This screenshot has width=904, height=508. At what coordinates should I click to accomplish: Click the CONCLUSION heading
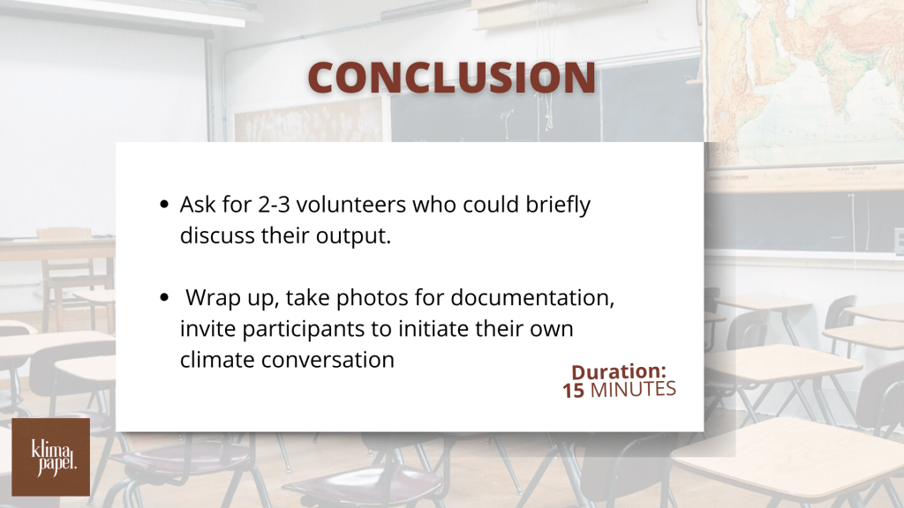tap(451, 78)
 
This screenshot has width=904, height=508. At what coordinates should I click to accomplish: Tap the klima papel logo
tap(50, 457)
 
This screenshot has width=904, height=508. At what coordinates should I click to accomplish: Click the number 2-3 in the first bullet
tap(274, 205)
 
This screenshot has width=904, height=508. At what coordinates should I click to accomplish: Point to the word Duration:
tap(619, 371)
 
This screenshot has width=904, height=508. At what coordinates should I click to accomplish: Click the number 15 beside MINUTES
tap(573, 391)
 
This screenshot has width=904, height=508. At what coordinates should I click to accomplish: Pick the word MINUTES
tap(633, 389)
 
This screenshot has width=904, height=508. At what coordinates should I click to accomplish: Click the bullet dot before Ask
tap(164, 204)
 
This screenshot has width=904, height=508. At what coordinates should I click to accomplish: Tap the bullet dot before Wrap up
tap(164, 297)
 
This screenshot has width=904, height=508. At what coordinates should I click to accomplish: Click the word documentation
tap(530, 298)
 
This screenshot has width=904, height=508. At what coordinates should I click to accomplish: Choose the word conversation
tap(328, 360)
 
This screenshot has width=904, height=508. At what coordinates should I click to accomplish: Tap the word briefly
tap(558, 205)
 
